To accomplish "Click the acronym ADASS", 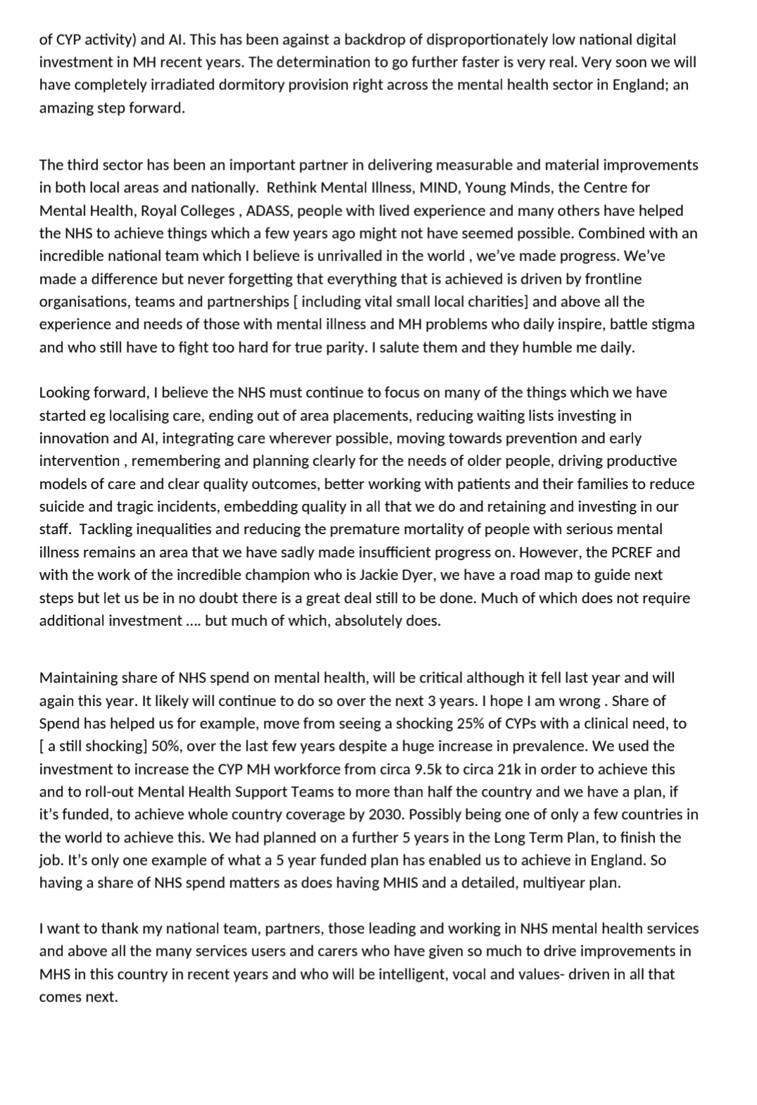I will pos(267,210).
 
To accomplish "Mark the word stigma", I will pos(672,324).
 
